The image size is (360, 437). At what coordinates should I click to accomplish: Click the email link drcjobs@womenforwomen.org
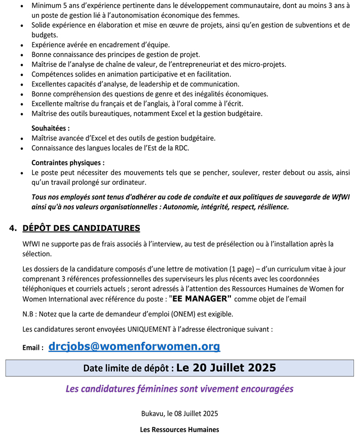(134, 346)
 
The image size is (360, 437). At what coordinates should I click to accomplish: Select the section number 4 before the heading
(13, 228)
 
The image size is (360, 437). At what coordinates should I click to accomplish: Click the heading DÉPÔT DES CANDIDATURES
(81, 228)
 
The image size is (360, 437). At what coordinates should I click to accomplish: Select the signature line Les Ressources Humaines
(179, 429)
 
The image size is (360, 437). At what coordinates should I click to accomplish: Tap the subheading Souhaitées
(51, 128)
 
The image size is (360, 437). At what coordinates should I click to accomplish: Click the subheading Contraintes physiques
(68, 163)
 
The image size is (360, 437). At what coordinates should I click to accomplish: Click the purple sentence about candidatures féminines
(179, 389)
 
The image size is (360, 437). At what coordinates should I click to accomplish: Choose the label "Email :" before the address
(33, 348)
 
